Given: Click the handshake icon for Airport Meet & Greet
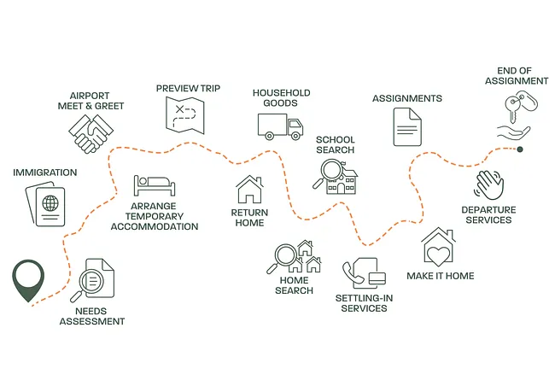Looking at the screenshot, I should (93, 133).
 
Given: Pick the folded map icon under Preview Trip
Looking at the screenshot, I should (184, 114).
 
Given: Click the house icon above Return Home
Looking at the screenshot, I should (249, 189).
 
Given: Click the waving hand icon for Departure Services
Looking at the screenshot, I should (489, 184).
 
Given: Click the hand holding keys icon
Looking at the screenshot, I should (515, 117).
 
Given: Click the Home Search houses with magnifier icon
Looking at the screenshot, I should (295, 257).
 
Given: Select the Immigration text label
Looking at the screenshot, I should (44, 173).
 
